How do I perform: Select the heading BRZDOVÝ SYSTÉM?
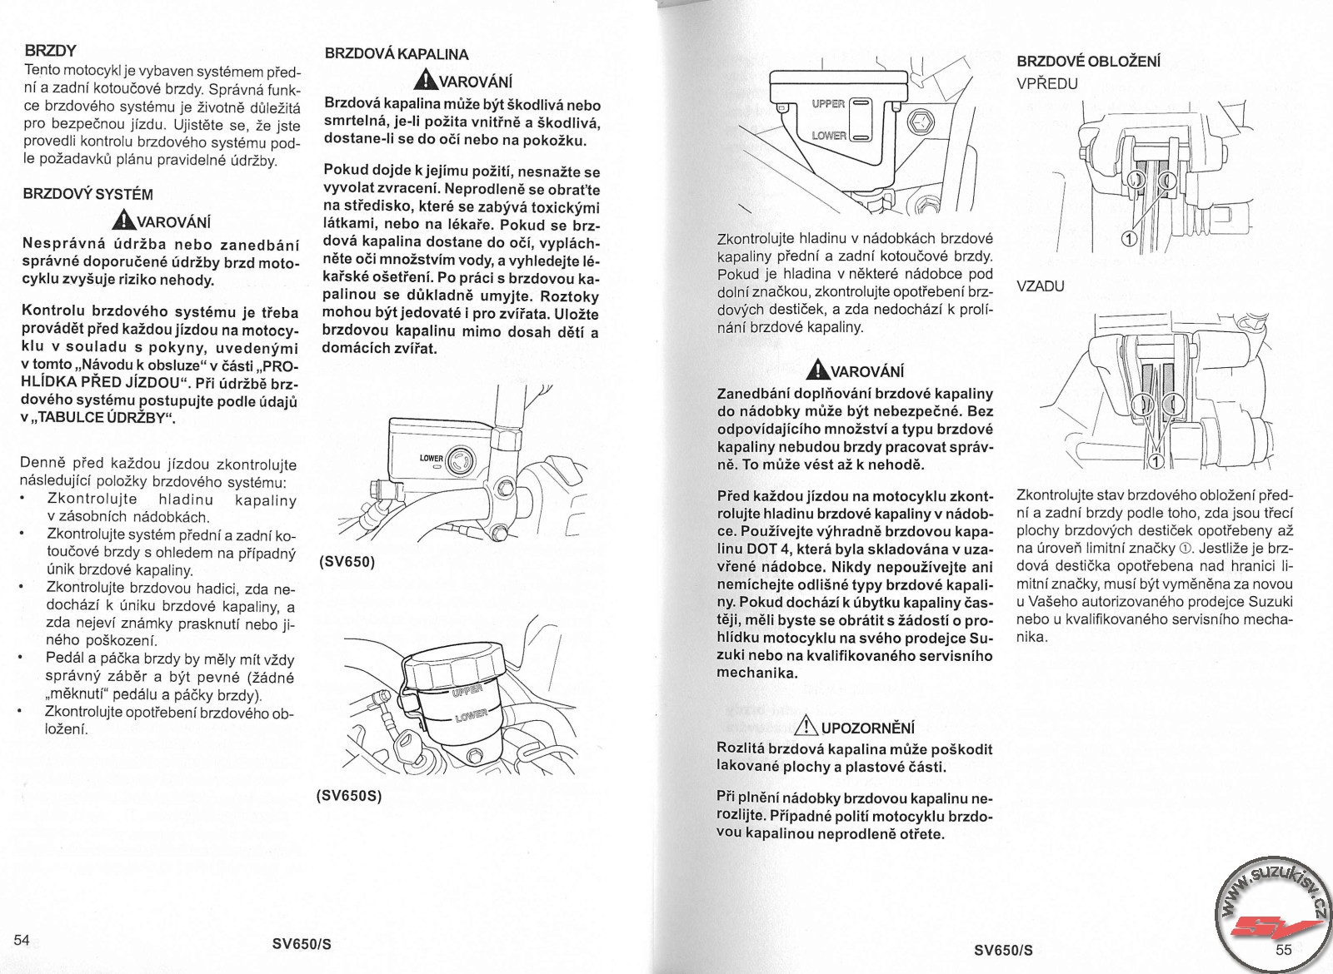tap(88, 194)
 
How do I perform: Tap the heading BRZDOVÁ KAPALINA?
tap(396, 54)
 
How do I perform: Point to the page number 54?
tap(22, 941)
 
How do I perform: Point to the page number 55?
tap(1283, 950)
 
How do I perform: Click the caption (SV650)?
tap(347, 561)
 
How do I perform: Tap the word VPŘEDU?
tap(1047, 83)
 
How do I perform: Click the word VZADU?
tap(1040, 286)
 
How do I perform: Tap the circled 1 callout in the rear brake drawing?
tap(1156, 460)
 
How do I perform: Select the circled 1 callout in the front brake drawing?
tap(1130, 240)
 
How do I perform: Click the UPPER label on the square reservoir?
tap(828, 104)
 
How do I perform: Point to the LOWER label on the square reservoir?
tap(829, 135)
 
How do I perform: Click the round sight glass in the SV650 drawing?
tap(459, 460)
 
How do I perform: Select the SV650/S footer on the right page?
tap(1003, 950)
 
